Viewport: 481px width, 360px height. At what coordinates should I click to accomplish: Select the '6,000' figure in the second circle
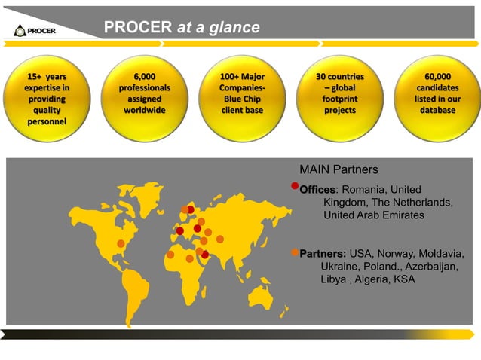[144, 77]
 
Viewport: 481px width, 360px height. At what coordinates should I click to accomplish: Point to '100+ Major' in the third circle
[242, 77]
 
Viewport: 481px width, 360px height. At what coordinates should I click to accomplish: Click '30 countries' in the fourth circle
[339, 77]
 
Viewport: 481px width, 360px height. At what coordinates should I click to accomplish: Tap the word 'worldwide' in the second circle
[144, 110]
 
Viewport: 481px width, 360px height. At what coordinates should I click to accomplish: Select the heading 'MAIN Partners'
[339, 169]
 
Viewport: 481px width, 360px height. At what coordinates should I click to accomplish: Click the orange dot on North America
[121, 243]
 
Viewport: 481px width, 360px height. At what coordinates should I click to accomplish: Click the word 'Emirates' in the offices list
[400, 215]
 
